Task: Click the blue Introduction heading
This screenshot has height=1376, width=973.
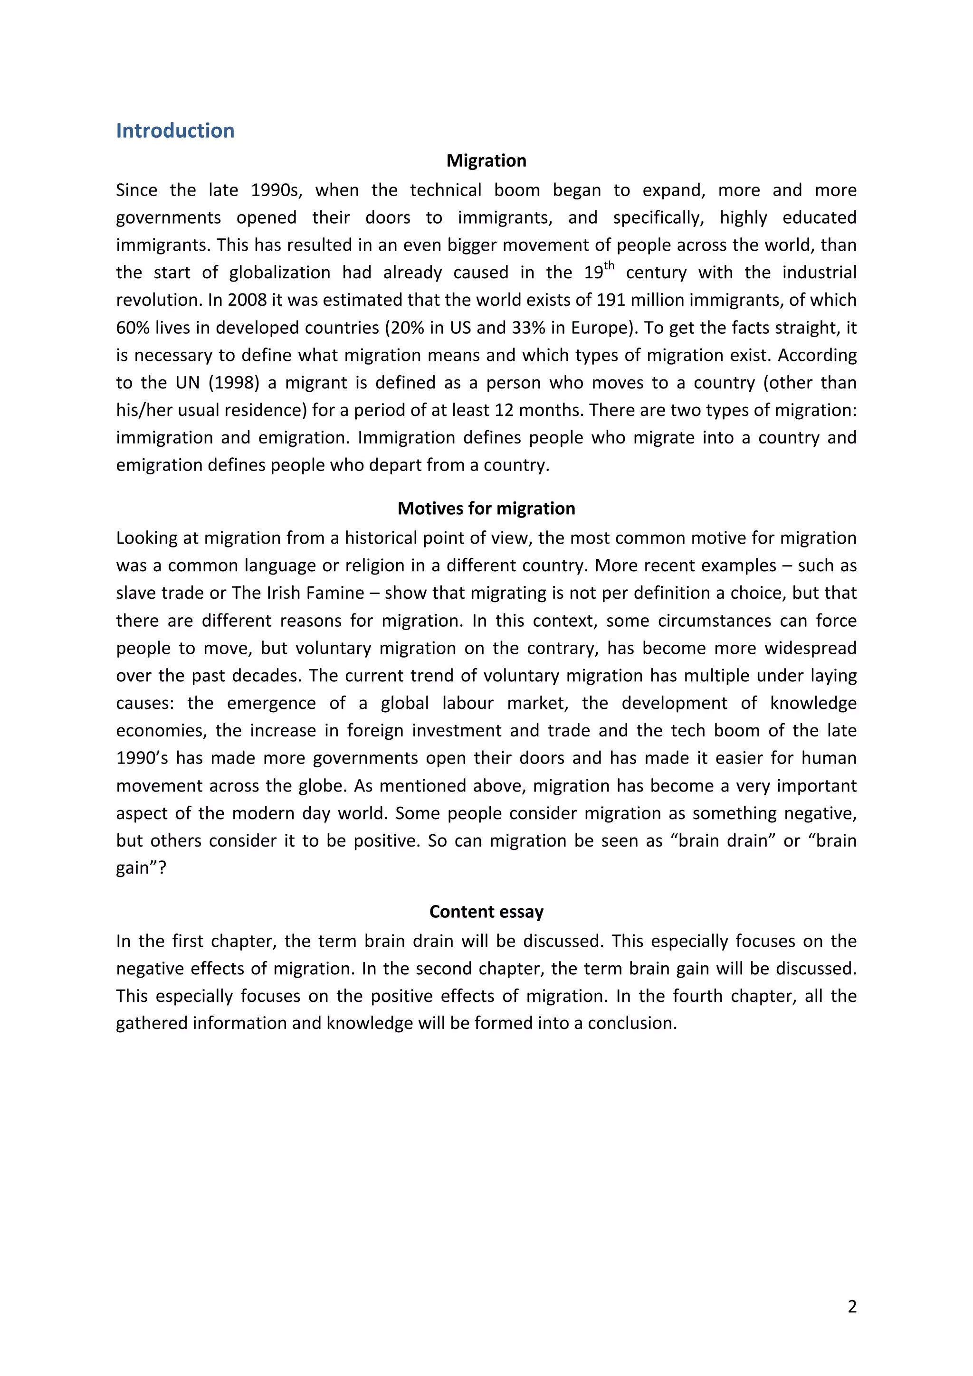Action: click(175, 131)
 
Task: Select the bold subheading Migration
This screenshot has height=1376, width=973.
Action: click(486, 160)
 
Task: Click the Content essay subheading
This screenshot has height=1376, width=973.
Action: click(486, 912)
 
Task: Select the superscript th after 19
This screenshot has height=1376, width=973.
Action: click(609, 266)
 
